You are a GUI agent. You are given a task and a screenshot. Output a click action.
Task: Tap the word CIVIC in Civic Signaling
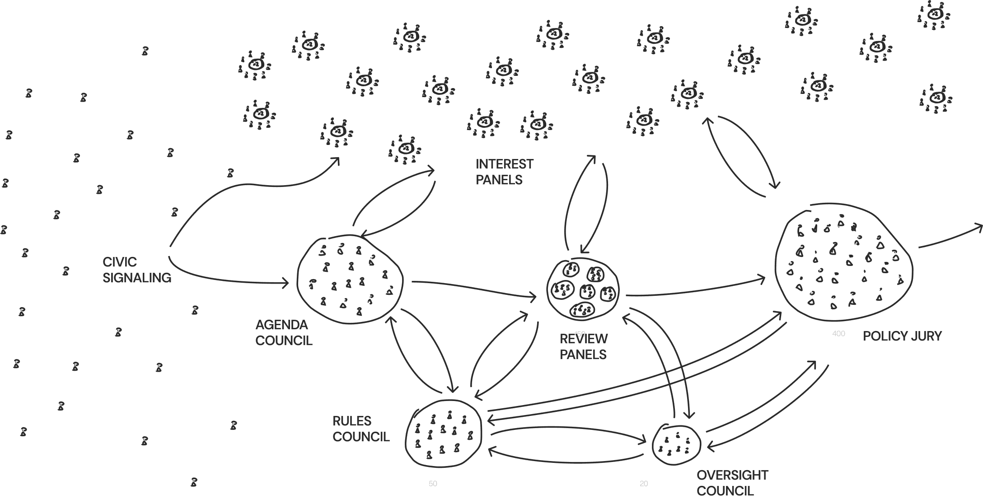coord(119,262)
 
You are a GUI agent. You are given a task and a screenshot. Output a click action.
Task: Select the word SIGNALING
coord(137,278)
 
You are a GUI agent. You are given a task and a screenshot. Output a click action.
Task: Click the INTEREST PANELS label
coord(504,172)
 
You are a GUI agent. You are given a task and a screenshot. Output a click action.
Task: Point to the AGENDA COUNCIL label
coord(283,332)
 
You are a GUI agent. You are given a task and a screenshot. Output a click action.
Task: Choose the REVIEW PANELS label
coord(583,347)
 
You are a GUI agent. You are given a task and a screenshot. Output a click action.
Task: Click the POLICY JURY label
coord(902,336)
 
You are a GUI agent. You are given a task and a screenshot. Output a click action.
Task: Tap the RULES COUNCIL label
coord(360,429)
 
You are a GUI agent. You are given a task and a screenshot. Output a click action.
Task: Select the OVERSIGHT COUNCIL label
coord(732,483)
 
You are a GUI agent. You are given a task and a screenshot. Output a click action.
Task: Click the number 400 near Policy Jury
coord(838,334)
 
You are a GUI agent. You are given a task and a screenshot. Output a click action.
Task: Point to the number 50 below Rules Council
coord(433,484)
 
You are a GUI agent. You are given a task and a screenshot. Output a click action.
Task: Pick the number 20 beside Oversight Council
coord(644,484)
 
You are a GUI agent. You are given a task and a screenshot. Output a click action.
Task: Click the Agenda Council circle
coord(350,280)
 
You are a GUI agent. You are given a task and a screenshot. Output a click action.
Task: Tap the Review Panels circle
coord(583,289)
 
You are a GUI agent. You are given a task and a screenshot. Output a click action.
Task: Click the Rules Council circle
coord(443,434)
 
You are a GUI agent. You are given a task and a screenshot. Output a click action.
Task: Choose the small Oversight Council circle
coord(676,445)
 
